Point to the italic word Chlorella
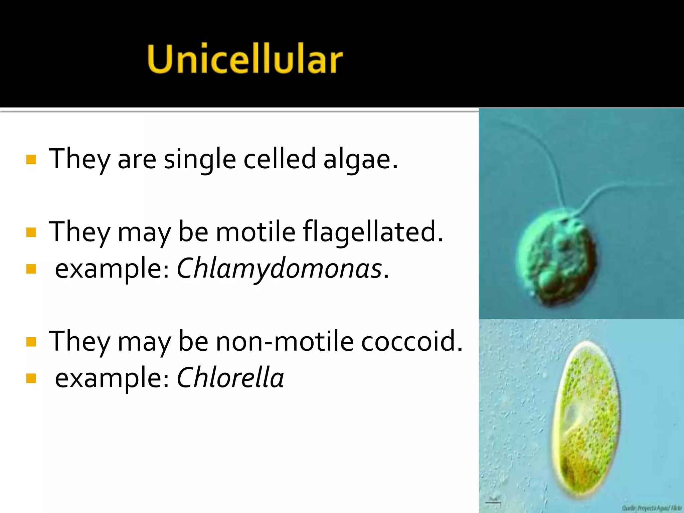[230, 378]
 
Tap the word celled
[280, 159]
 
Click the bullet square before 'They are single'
[31, 160]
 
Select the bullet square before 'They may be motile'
[31, 232]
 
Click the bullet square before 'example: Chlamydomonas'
[31, 269]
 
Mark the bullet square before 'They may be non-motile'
[31, 342]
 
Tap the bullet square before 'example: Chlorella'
[31, 378]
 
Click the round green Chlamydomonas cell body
[556, 257]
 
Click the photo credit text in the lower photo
[651, 508]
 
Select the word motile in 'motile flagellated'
[255, 232]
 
